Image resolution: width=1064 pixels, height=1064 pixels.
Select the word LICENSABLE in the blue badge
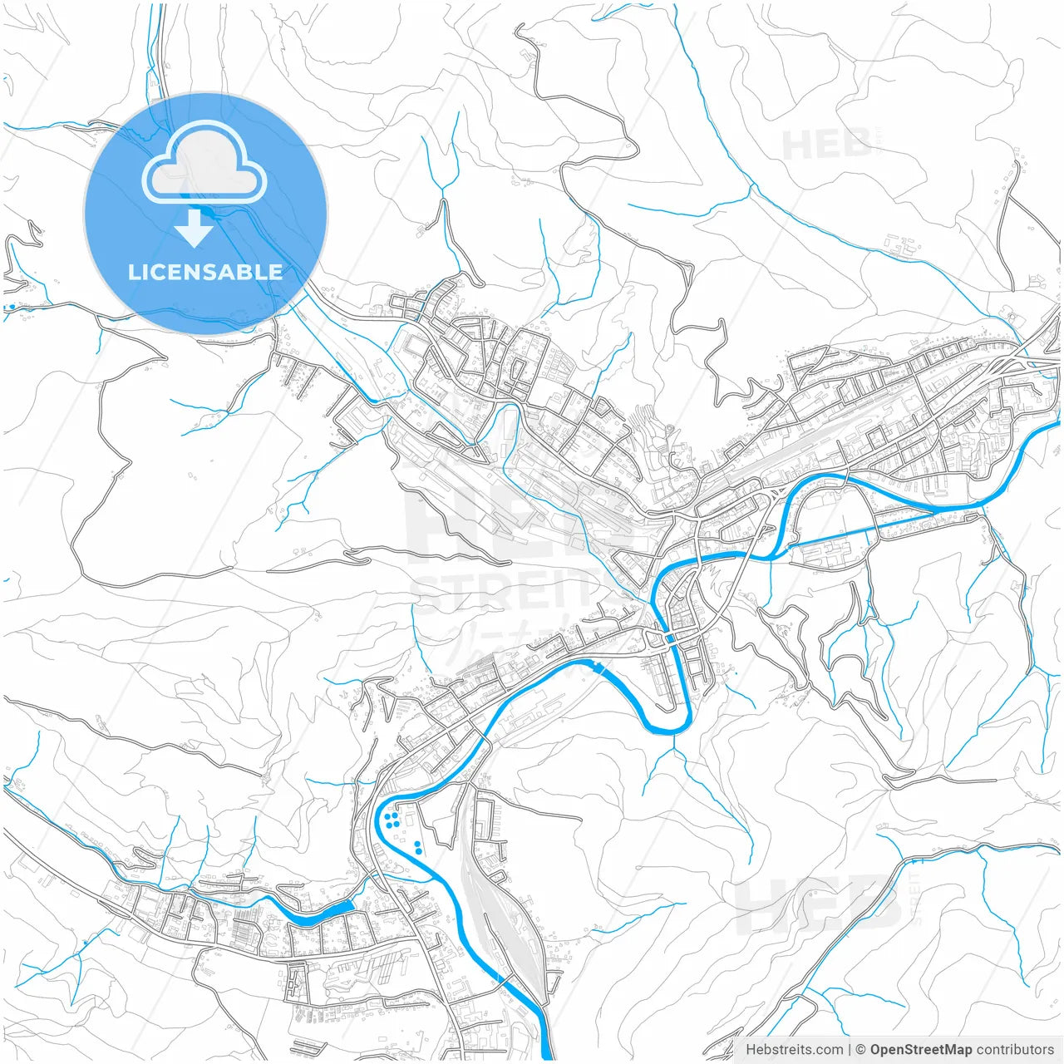205,272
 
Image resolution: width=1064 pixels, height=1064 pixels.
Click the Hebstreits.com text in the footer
794,1050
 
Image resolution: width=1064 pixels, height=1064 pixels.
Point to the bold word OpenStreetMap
921,1050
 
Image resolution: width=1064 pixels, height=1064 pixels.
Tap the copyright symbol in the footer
861,1050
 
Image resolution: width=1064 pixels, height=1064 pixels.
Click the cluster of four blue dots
392,821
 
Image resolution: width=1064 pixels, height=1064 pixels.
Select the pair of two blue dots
416,848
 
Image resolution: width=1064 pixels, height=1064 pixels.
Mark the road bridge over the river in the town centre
670,638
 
